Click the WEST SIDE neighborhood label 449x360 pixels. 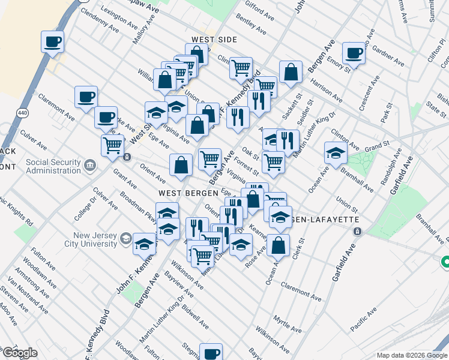pyautogui.click(x=214, y=40)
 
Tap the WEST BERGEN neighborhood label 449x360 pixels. pyautogui.click(x=182, y=194)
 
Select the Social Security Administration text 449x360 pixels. pyautogui.click(x=53, y=167)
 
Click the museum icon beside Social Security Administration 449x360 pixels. pyautogui.click(x=90, y=165)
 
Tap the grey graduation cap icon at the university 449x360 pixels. pyautogui.click(x=126, y=239)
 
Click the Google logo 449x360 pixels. pyautogui.click(x=20, y=353)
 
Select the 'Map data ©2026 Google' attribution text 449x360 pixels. pyautogui.click(x=411, y=355)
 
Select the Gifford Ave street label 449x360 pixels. pyautogui.click(x=259, y=8)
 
